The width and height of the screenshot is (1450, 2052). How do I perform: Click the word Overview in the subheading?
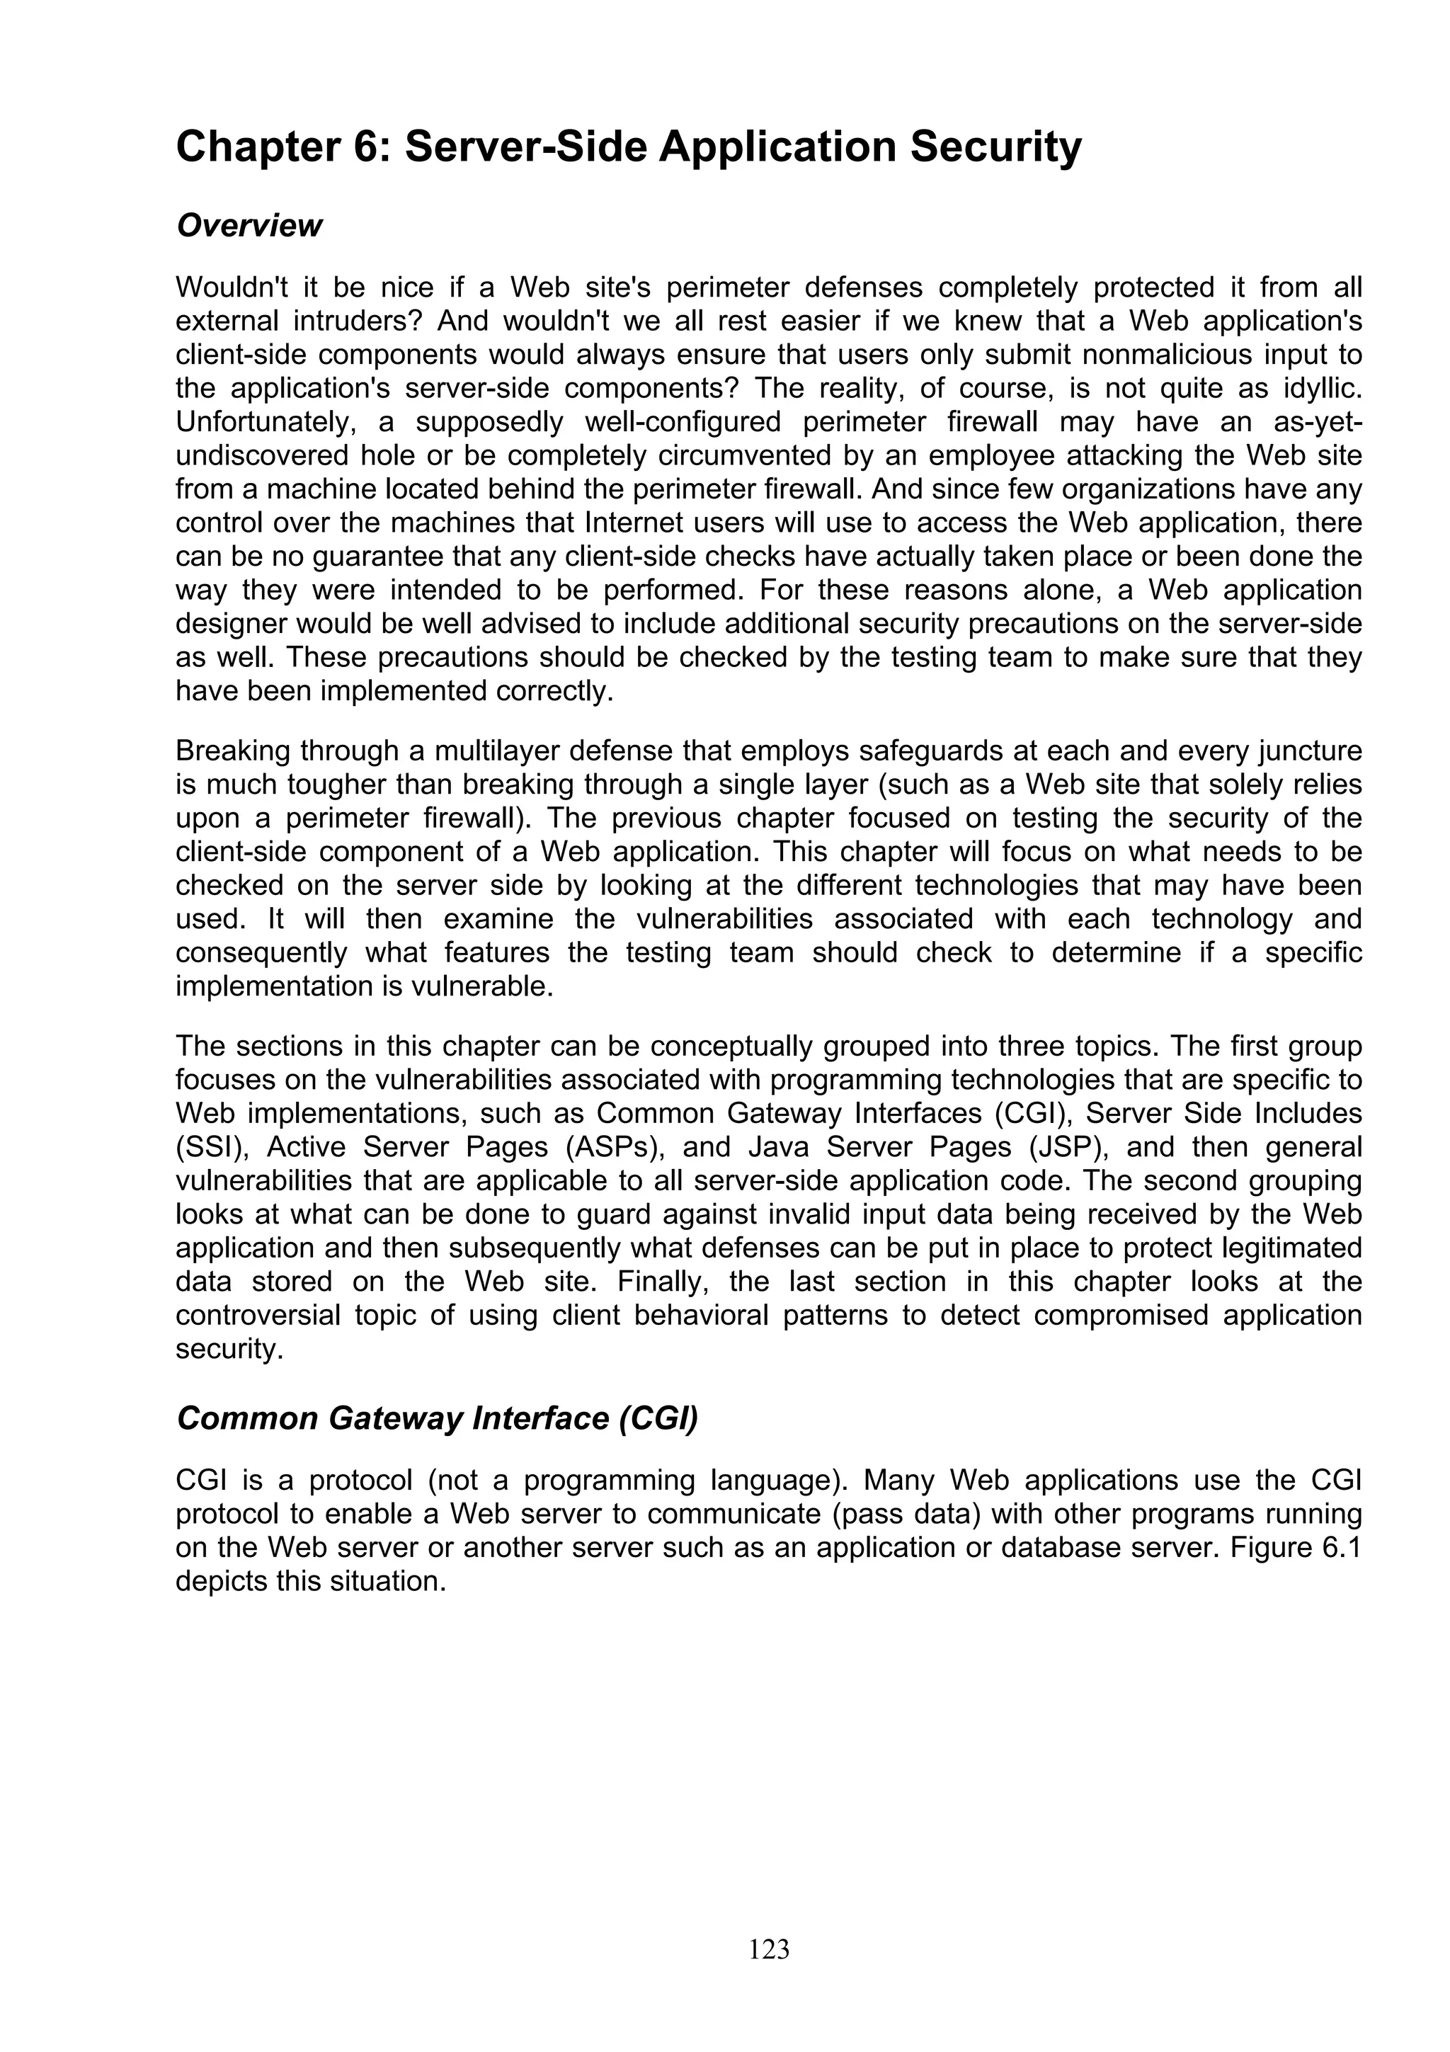click(x=249, y=225)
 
